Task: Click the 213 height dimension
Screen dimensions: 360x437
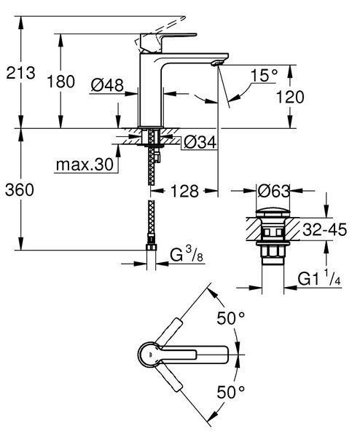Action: pyautogui.click(x=20, y=73)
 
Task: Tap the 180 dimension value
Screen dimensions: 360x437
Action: pyautogui.click(x=60, y=82)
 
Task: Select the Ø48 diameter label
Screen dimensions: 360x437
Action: pyautogui.click(x=107, y=85)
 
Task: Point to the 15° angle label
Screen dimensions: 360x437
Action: pyautogui.click(x=264, y=75)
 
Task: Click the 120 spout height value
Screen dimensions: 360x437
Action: pyautogui.click(x=290, y=98)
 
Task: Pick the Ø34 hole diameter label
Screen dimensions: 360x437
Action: pyautogui.click(x=200, y=143)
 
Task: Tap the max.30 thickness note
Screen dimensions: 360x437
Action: pyautogui.click(x=85, y=165)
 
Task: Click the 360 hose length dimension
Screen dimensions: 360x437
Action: pyautogui.click(x=20, y=190)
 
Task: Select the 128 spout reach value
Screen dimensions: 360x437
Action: pyautogui.click(x=184, y=192)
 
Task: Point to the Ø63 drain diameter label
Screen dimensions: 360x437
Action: pyautogui.click(x=273, y=192)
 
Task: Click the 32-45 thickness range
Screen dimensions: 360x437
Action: pyautogui.click(x=324, y=229)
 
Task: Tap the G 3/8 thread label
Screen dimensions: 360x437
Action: pyautogui.click(x=187, y=255)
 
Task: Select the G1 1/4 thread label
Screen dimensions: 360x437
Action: pyautogui.click(x=319, y=278)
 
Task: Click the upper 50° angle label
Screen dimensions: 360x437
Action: pyautogui.click(x=231, y=318)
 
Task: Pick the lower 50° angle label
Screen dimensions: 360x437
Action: pyautogui.click(x=231, y=392)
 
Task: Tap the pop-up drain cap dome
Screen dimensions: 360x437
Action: pyautogui.click(x=273, y=213)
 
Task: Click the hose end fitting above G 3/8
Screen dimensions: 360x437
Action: pyautogui.click(x=152, y=247)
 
